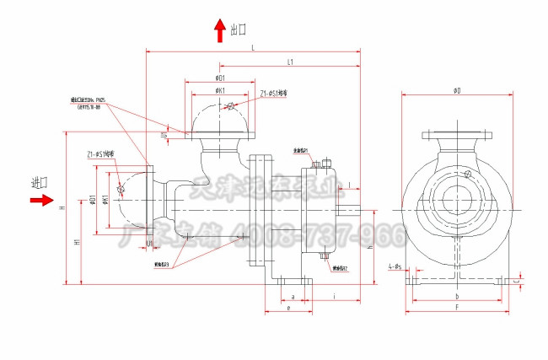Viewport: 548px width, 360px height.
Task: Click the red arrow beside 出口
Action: coord(220,31)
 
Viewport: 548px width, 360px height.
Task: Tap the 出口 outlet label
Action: coord(239,30)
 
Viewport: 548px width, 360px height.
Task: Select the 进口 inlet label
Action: coord(40,183)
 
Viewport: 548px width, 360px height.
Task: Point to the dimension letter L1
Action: coord(290,62)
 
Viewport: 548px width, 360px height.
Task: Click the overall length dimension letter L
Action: coord(253,49)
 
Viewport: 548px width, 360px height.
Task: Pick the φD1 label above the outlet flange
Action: coord(220,78)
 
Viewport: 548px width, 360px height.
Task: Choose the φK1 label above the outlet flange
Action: coord(220,89)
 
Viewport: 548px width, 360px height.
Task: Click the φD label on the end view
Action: coord(456,89)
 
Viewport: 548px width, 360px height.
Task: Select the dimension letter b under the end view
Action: coord(456,297)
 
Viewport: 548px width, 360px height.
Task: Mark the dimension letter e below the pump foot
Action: coord(288,309)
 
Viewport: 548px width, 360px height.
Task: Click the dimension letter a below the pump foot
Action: coord(292,297)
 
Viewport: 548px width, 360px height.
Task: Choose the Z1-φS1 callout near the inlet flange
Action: coord(100,155)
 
